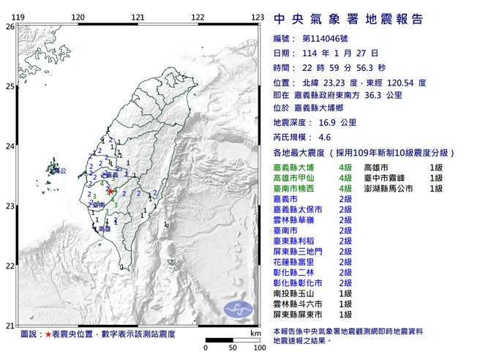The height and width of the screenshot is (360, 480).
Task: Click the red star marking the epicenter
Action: pos(110,191)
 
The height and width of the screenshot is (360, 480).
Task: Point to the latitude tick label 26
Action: pos(9,26)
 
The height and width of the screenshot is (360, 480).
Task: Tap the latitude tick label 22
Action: pos(9,266)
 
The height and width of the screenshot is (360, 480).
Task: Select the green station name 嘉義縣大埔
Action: pos(291,167)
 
